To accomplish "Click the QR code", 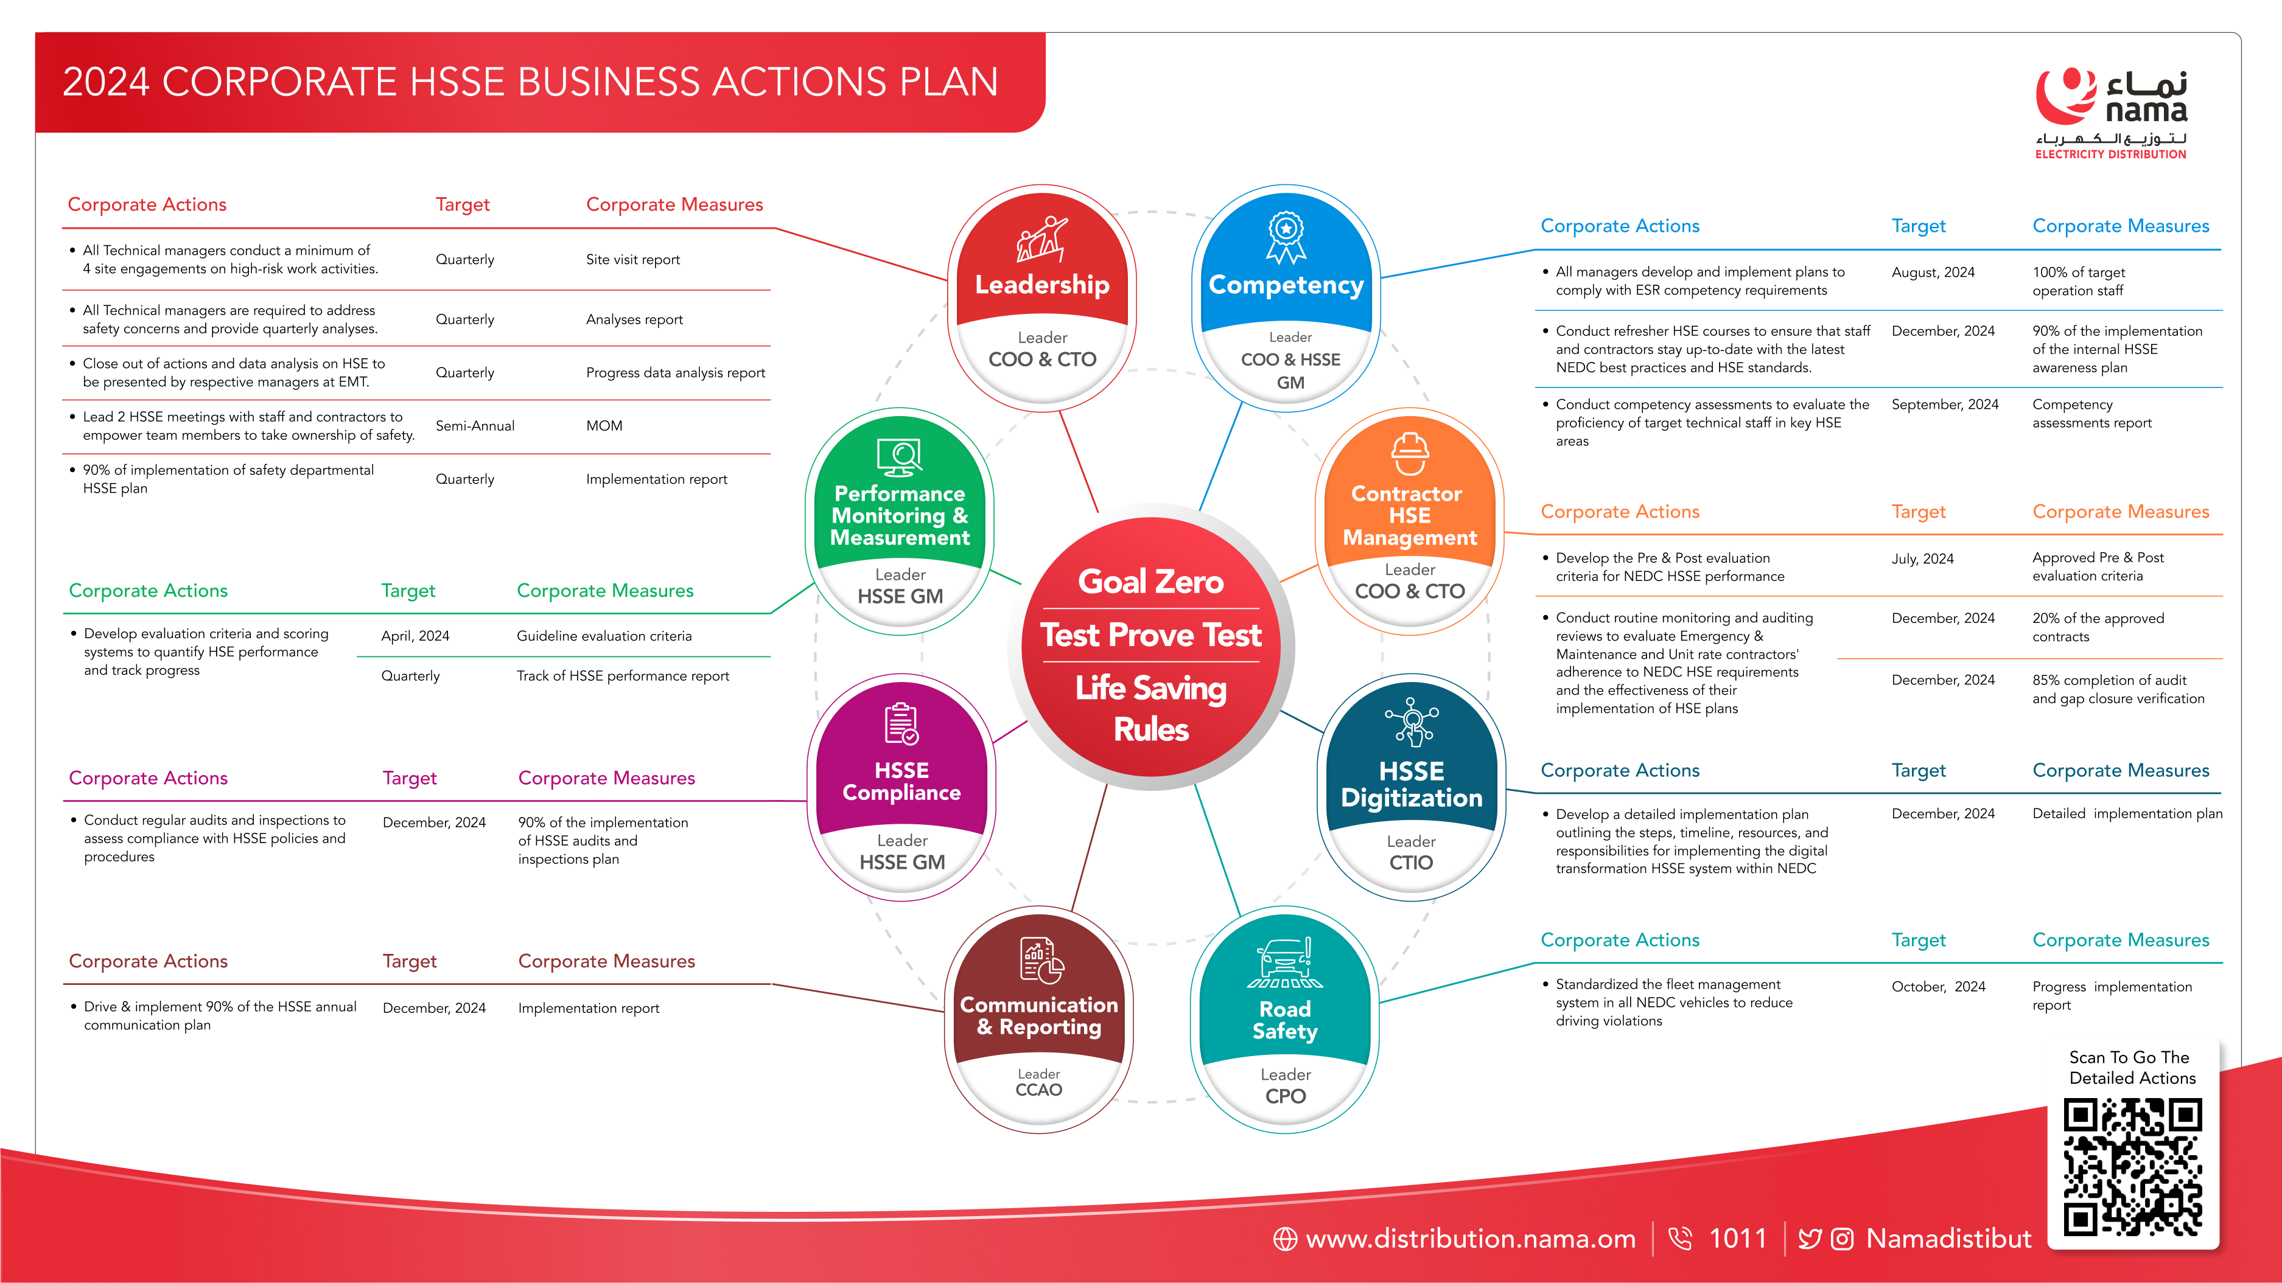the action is point(2132,1167).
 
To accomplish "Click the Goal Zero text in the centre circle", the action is point(1151,581).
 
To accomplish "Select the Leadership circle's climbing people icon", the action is point(1042,239).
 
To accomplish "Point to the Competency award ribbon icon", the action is point(1286,237).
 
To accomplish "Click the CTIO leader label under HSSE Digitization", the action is point(1411,863).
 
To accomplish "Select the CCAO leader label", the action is point(1038,1090).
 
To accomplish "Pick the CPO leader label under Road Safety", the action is point(1286,1096).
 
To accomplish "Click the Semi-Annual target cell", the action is point(475,426).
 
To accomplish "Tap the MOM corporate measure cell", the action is point(604,426).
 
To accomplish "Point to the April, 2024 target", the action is point(416,636).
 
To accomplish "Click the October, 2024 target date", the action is point(1938,986).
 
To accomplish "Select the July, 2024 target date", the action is point(1922,558).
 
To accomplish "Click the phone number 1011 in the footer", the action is point(1737,1238).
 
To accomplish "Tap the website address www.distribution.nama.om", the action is point(1471,1239).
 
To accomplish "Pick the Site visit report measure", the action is point(632,259).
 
